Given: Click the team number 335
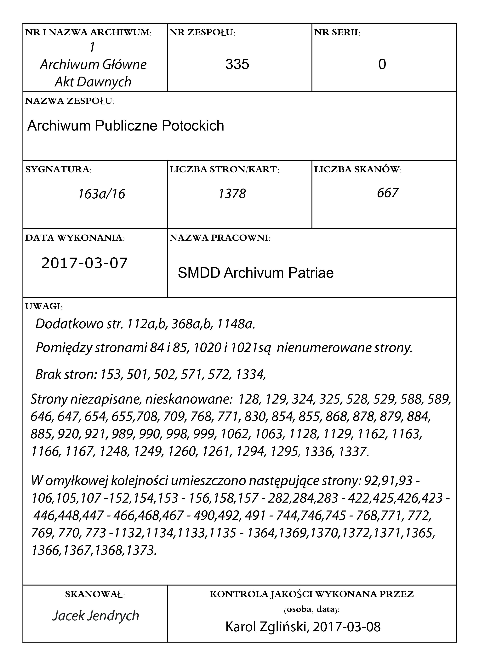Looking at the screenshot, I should click(237, 64).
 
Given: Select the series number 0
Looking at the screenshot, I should click(382, 64).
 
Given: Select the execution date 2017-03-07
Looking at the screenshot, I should click(84, 263).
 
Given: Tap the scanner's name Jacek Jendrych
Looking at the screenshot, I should click(95, 615).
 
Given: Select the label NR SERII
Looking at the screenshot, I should click(337, 32).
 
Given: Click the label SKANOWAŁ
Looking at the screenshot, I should click(95, 594).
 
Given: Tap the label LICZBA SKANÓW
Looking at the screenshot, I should click(358, 169).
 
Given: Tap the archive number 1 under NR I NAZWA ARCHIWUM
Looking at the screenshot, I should click(93, 47).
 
